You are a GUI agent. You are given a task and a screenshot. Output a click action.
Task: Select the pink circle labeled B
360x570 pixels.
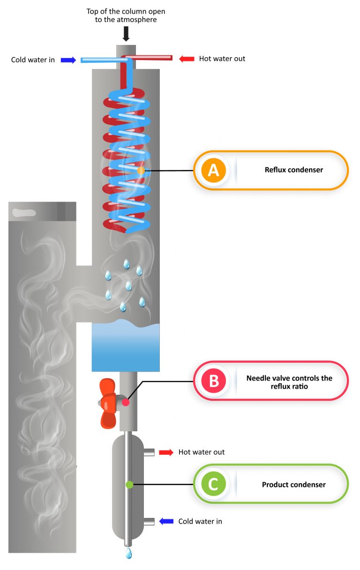(213, 381)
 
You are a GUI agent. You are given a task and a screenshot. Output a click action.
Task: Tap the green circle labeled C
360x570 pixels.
(213, 484)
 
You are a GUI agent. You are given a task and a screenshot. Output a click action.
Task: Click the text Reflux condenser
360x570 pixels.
(293, 170)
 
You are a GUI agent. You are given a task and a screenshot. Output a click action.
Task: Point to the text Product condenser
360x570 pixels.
(293, 485)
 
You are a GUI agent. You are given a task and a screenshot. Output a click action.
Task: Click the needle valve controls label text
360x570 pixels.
(289, 382)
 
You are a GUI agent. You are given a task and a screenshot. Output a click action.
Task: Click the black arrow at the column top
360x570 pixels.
(126, 33)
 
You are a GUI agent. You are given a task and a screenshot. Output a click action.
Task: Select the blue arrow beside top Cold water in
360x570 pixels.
(68, 60)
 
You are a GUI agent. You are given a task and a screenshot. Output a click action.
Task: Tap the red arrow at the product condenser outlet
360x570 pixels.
(166, 452)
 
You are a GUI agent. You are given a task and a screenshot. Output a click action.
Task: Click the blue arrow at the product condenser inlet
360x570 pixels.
(166, 521)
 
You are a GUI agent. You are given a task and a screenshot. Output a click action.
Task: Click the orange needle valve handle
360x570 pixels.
(108, 403)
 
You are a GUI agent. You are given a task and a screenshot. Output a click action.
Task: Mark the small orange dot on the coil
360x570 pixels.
(141, 171)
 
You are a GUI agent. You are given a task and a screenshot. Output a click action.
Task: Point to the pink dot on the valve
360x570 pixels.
(126, 402)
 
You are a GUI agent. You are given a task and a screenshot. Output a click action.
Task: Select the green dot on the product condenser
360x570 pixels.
(129, 484)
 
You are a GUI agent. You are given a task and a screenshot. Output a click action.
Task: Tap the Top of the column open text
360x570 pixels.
(126, 15)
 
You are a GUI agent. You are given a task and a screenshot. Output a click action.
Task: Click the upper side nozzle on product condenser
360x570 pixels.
(149, 452)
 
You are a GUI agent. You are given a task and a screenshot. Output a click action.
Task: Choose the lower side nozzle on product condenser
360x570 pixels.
(149, 521)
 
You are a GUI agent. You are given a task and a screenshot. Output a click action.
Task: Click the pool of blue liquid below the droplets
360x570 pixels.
(126, 347)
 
